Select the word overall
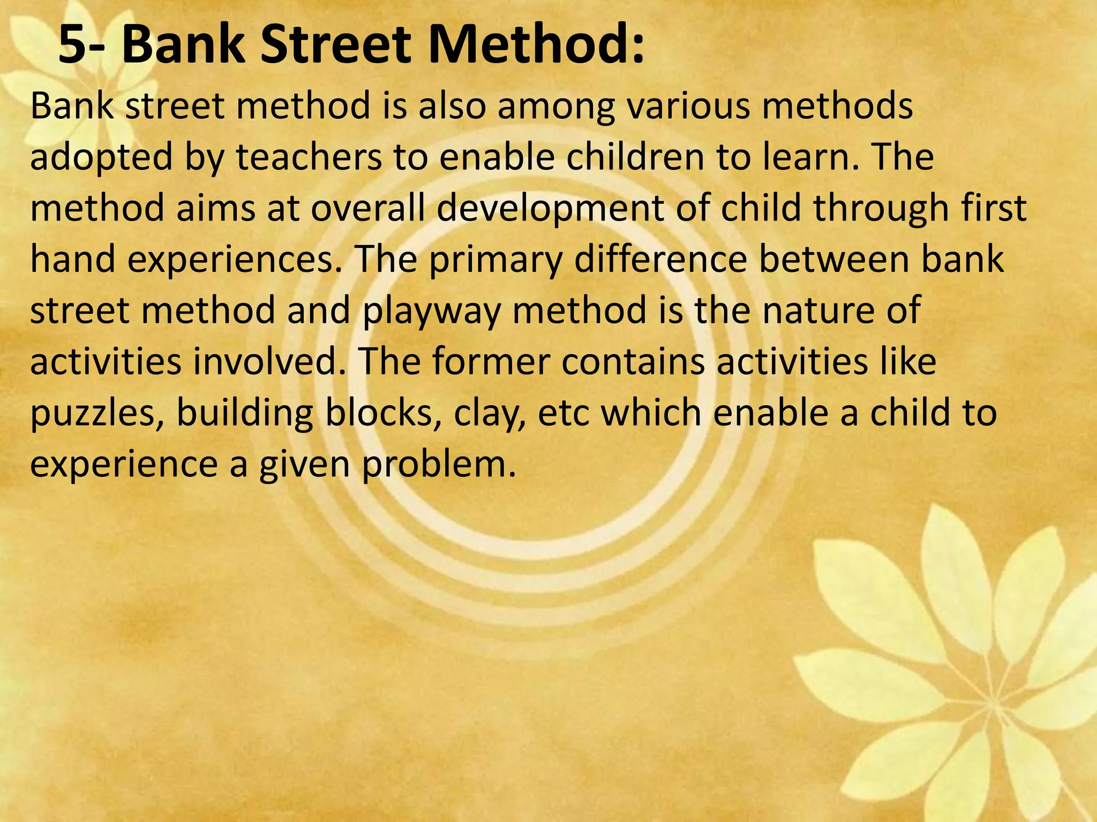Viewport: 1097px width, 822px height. (368, 208)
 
